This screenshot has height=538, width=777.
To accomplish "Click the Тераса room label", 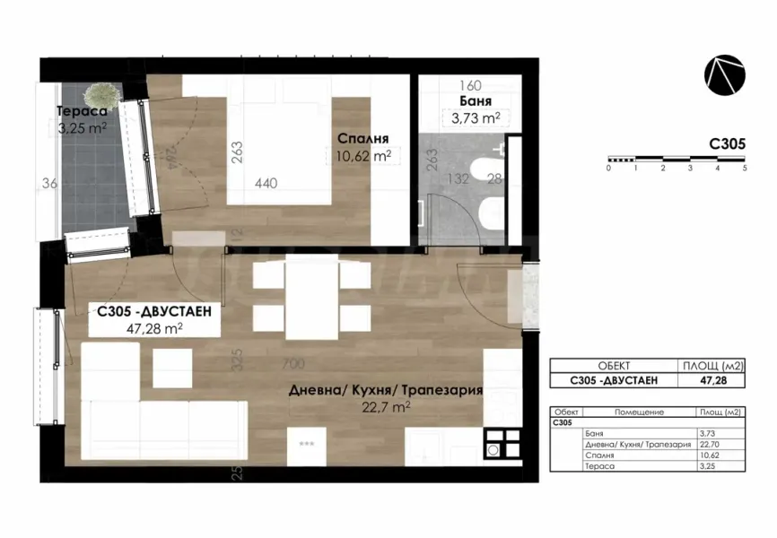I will pos(82,111).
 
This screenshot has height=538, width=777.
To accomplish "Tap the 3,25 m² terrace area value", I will pos(82,127).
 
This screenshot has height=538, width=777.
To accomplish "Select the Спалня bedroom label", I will pos(362,139).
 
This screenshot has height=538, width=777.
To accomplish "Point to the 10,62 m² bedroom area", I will pos(362,155).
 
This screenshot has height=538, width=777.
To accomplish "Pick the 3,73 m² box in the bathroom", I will pos(473,117).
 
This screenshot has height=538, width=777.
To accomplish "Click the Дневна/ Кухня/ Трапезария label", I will pos(386,391).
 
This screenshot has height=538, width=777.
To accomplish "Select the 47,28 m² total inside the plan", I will pos(154,328).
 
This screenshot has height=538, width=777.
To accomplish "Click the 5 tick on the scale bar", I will pos(745,168).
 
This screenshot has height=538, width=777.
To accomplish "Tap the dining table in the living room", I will pos(310,295).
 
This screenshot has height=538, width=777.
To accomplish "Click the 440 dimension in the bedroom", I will pos(266,183).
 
